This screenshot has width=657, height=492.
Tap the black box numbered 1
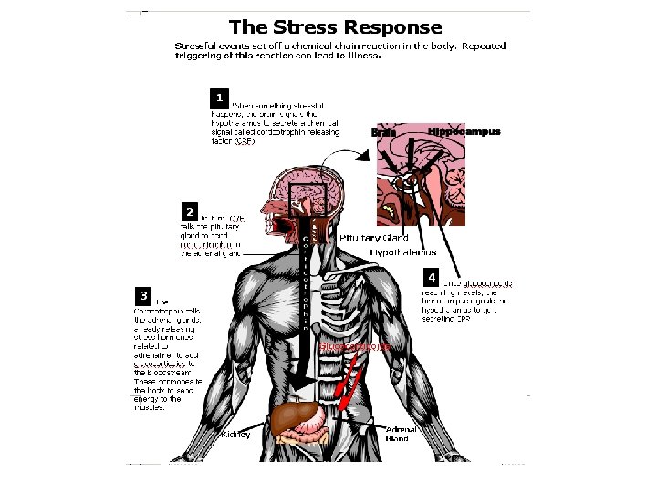pyautogui.click(x=218, y=96)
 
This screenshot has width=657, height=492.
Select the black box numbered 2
pyautogui.click(x=189, y=210)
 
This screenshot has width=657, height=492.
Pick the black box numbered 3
pyautogui.click(x=143, y=295)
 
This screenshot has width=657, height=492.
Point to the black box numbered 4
pyautogui.click(x=432, y=276)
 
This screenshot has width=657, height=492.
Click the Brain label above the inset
pyautogui.click(x=383, y=132)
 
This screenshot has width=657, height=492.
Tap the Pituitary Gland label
pyautogui.click(x=373, y=238)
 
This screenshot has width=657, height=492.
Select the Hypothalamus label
pyautogui.click(x=402, y=251)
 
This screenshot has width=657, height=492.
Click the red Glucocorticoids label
pyautogui.click(x=355, y=347)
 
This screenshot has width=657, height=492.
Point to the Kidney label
pyautogui.click(x=236, y=435)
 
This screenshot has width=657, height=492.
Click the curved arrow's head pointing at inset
pyautogui.click(x=363, y=155)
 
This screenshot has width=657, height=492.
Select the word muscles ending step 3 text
pyautogui.click(x=150, y=407)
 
